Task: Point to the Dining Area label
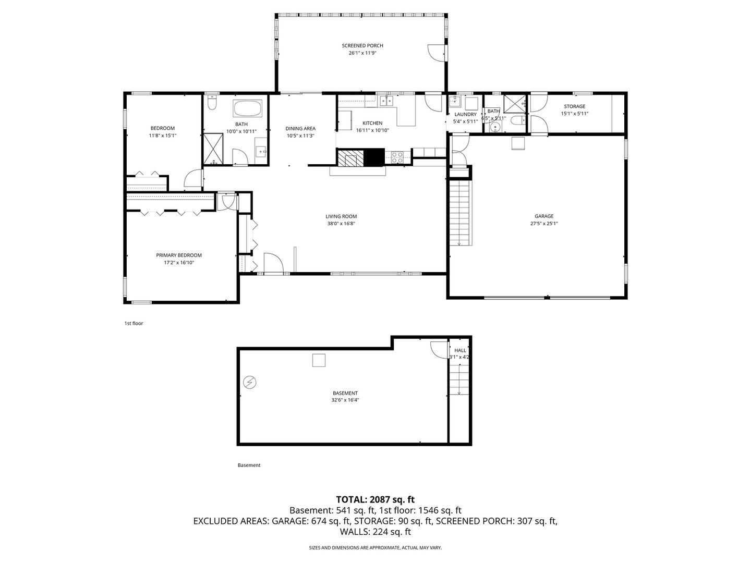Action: tap(300, 129)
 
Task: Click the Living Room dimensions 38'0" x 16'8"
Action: tap(341, 224)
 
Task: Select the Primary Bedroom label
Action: tap(179, 255)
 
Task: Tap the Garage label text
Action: tap(544, 216)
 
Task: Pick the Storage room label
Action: tap(574, 106)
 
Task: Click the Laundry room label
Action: tap(465, 115)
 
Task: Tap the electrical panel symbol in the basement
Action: tap(250, 382)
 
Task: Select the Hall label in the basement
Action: tap(460, 350)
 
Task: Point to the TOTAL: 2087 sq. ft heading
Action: tap(375, 499)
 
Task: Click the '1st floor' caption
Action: tap(134, 323)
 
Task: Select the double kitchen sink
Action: tap(386, 101)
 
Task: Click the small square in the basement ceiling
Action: tap(319, 360)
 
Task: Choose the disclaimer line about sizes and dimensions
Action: tap(375, 547)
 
